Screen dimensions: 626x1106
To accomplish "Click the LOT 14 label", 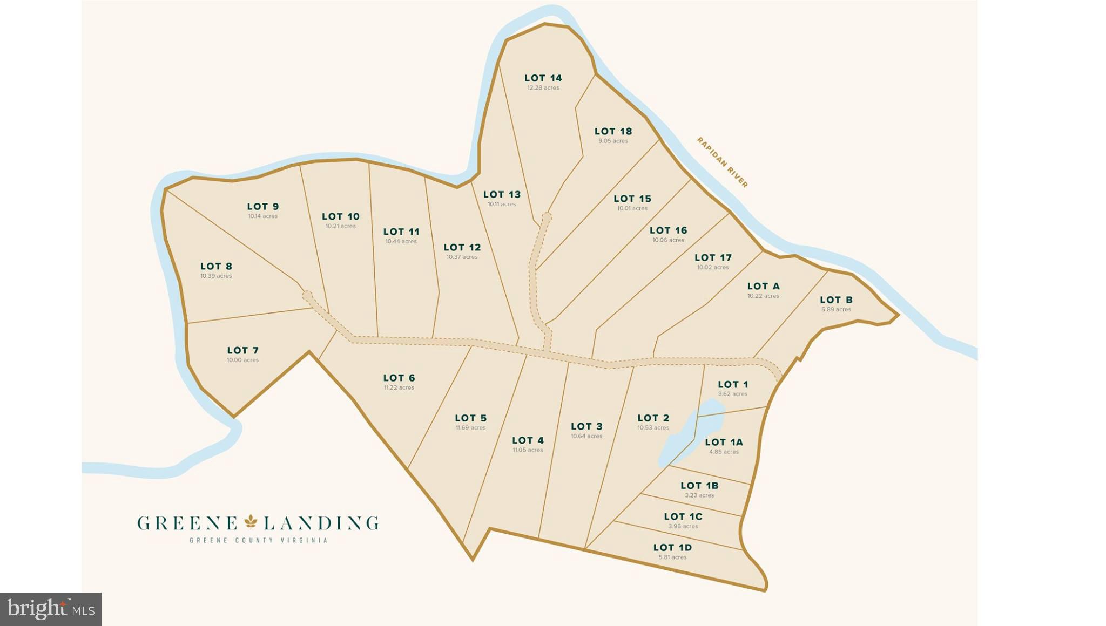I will tap(543, 78).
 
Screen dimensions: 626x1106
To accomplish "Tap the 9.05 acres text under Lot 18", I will tap(613, 141).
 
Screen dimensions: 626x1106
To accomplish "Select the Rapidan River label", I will tap(722, 162).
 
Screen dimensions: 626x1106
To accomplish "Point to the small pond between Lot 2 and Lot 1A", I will tap(682, 432).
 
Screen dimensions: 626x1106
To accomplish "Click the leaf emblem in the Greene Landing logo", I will tap(251, 522).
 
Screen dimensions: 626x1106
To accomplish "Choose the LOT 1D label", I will tap(672, 548).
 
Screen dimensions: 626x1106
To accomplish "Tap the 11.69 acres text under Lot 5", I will tap(470, 428).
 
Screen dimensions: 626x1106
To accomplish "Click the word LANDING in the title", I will tap(321, 523).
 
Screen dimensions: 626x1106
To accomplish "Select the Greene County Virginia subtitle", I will tap(258, 540).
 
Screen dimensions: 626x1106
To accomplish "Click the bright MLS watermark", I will tap(51, 609).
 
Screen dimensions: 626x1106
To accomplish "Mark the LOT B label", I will tap(836, 300).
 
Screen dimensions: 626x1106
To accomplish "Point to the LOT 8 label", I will tap(216, 266).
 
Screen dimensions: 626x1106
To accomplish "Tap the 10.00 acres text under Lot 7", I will tap(242, 360).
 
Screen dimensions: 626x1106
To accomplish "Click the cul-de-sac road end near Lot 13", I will tap(547, 217).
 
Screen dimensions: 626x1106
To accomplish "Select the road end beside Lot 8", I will tap(307, 296).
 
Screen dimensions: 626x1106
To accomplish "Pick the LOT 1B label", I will tap(699, 486).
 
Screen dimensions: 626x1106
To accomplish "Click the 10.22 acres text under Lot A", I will tap(763, 296).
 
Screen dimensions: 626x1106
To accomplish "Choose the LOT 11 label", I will tap(401, 232).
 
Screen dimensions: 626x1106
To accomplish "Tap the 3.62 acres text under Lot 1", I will tap(733, 394).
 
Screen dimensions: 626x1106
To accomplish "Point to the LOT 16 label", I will tap(668, 230).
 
